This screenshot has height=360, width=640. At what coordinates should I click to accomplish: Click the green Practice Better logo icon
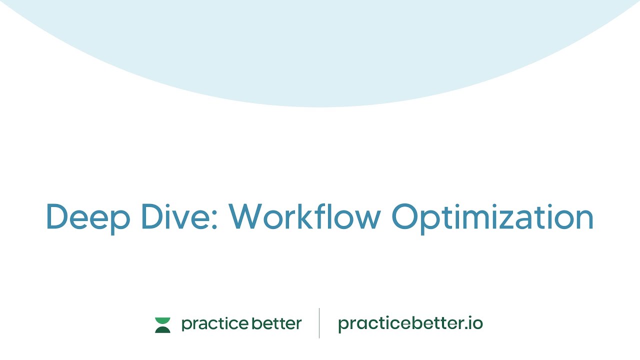click(162, 325)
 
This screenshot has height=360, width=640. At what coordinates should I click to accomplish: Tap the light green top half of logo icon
click(162, 320)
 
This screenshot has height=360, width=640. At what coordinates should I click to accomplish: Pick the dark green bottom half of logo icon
click(162, 329)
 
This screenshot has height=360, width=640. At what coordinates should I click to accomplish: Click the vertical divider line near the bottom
click(319, 323)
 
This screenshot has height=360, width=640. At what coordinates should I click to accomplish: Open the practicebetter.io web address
click(410, 324)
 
